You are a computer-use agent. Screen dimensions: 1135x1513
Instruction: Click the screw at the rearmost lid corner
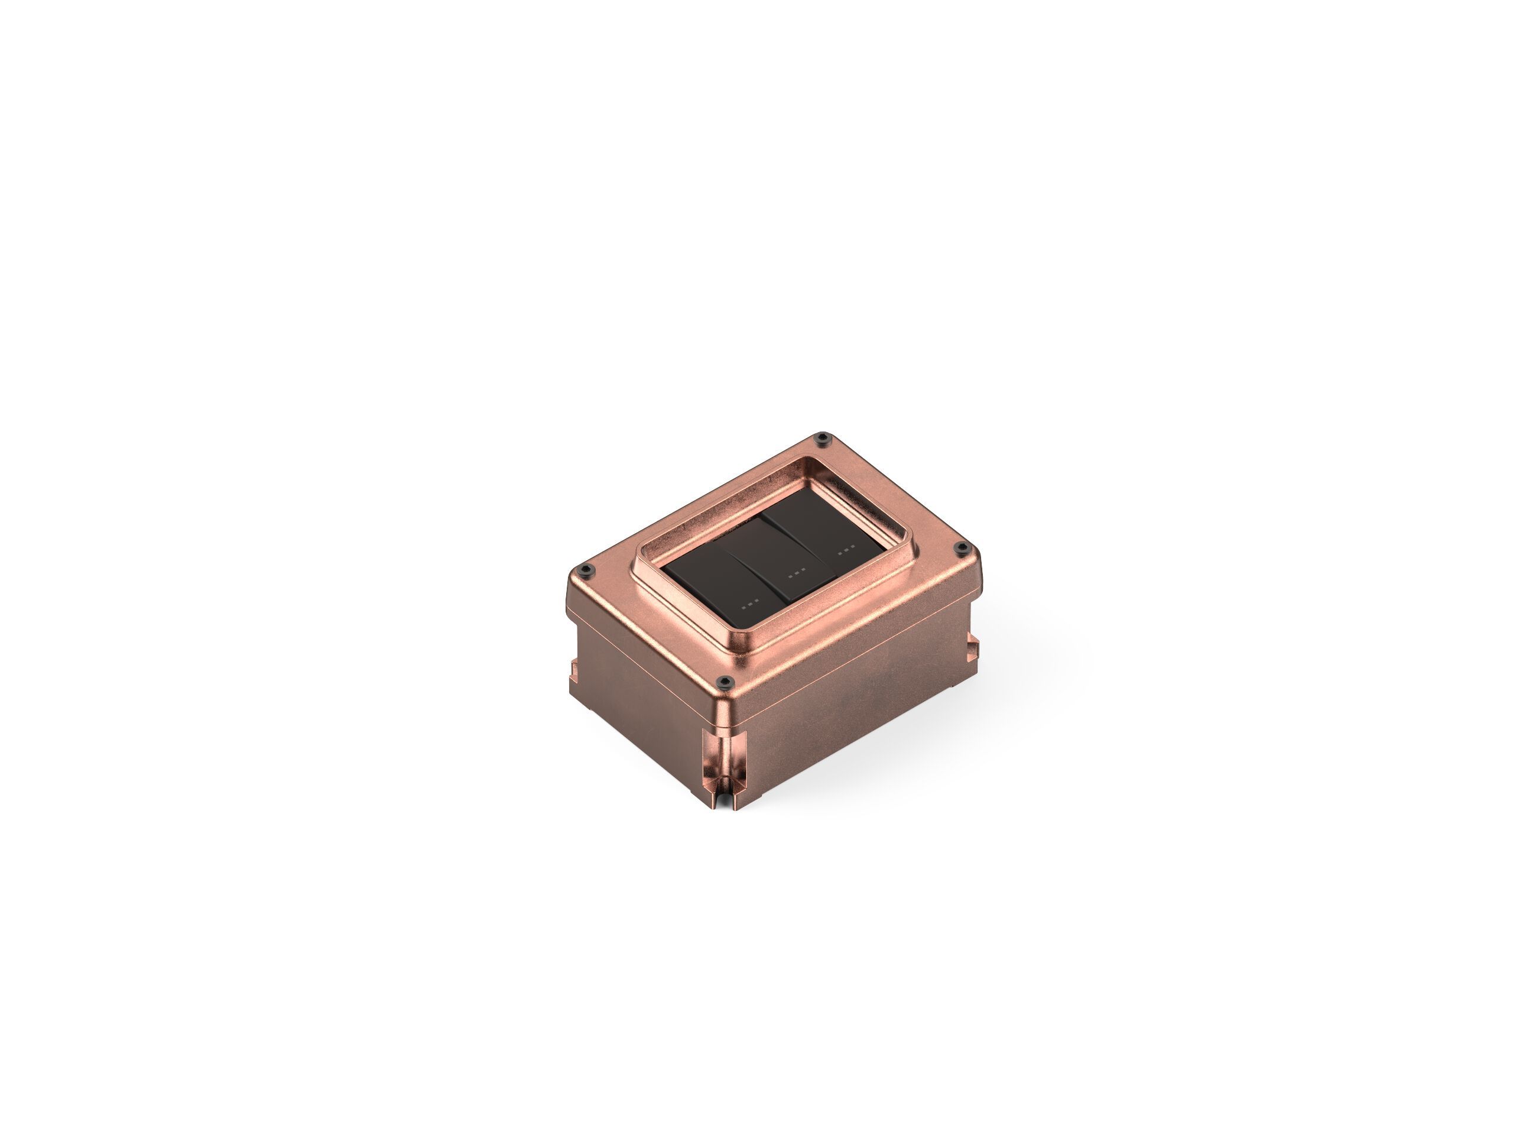(x=822, y=438)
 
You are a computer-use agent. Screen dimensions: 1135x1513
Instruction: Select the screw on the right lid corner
(x=961, y=547)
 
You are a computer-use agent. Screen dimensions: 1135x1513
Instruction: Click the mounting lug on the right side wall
(x=972, y=647)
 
